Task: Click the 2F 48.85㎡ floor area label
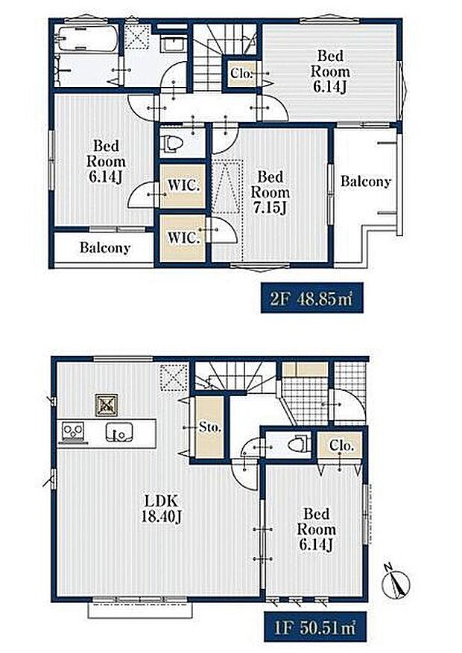(312, 298)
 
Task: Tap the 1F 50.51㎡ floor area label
(315, 627)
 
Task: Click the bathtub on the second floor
(87, 39)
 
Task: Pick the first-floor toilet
(300, 444)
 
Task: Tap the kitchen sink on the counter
(119, 432)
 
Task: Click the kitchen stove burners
(73, 431)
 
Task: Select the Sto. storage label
(209, 427)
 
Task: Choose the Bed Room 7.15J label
(270, 192)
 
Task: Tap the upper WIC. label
(183, 185)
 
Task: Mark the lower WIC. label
(183, 238)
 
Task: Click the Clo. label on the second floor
(241, 74)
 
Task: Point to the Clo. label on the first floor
(341, 445)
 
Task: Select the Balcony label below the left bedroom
(105, 248)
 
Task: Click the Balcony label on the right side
(366, 181)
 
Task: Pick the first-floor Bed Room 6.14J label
(316, 529)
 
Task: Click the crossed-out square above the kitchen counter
(107, 405)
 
